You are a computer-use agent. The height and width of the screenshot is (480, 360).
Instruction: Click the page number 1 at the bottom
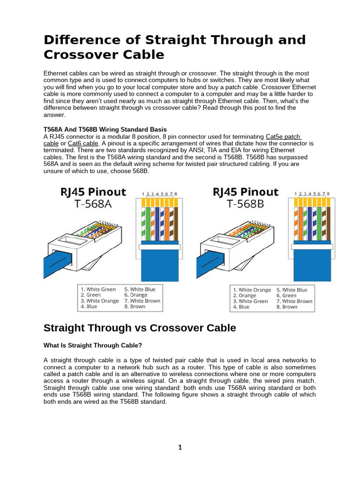[x=180, y=447]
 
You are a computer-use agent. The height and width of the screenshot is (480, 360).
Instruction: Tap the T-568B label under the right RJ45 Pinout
[x=245, y=205]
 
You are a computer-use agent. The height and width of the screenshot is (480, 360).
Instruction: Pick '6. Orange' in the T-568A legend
[x=136, y=295]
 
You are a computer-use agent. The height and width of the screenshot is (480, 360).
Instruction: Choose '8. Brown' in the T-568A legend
[x=135, y=307]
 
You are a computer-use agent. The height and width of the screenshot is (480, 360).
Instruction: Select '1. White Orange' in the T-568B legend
[x=252, y=290]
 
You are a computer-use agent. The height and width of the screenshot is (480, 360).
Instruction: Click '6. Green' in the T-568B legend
[x=286, y=296]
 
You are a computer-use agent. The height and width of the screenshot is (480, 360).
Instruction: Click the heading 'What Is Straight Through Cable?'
[x=93, y=345]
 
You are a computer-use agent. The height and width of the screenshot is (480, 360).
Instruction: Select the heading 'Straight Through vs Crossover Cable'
[x=140, y=328]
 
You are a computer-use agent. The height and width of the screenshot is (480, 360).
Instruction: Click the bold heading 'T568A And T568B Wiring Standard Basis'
[x=105, y=129]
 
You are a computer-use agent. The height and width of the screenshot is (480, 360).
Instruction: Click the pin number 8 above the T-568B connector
[x=328, y=194]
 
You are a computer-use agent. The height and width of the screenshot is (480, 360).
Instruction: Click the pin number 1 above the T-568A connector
[x=143, y=194]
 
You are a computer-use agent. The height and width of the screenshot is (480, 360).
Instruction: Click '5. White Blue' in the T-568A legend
[x=140, y=289]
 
